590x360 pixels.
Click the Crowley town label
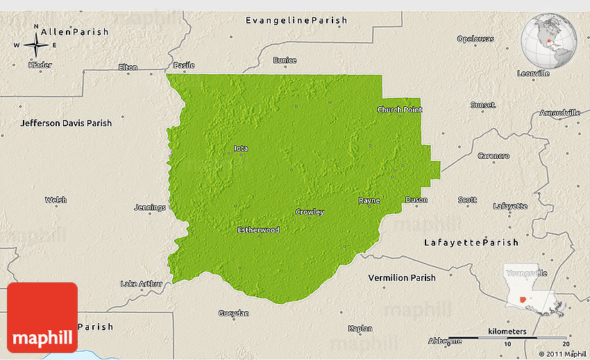click(310, 212)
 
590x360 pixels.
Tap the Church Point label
click(399, 110)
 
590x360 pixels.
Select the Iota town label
click(241, 148)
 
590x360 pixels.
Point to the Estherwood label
click(258, 230)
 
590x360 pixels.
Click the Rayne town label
click(369, 200)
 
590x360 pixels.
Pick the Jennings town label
click(151, 207)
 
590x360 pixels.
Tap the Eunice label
click(285, 60)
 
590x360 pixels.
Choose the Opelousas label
click(475, 39)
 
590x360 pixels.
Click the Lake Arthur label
click(141, 283)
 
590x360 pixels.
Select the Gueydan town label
click(233, 314)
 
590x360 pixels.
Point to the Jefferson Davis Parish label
click(66, 123)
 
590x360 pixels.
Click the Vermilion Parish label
click(402, 277)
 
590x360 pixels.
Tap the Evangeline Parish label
click(296, 20)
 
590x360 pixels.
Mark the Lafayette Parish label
click(471, 242)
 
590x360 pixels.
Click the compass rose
click(36, 45)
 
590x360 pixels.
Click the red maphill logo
click(42, 318)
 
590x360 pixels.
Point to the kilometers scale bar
click(506, 339)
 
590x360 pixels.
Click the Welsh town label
click(56, 200)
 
